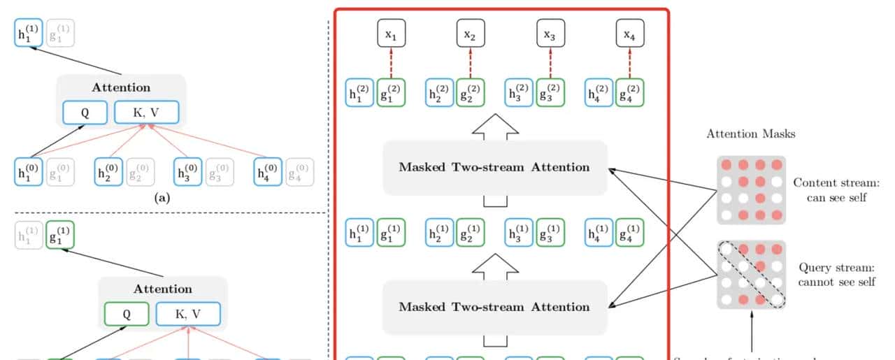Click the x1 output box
point(392,34)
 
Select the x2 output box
point(471,34)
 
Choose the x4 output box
point(630,34)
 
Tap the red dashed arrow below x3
point(550,64)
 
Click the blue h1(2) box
point(359,93)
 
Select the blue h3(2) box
point(519,93)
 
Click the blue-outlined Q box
point(85,113)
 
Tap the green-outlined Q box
point(127,314)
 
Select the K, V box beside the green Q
point(187,314)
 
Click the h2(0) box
point(108,172)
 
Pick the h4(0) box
point(268,172)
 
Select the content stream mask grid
point(751,190)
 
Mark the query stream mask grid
point(751,275)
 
